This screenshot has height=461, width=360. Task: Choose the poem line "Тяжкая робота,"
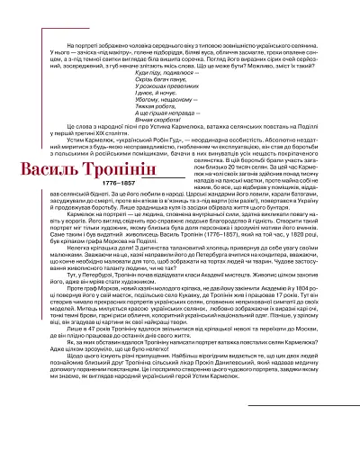162,112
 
